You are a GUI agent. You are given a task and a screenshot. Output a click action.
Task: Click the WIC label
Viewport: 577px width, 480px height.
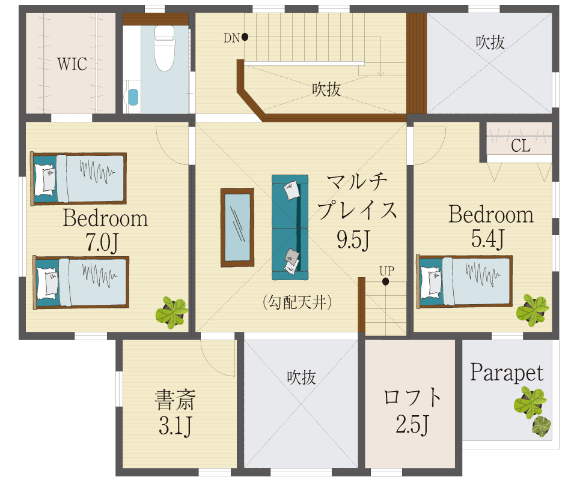pyautogui.click(x=72, y=64)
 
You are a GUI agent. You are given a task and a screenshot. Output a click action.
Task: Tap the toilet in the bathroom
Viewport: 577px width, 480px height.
pyautogui.click(x=165, y=48)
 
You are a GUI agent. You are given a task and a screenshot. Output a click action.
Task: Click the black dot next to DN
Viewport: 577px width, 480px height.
pyautogui.click(x=245, y=37)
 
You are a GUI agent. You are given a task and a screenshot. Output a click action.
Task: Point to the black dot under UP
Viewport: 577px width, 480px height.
pyautogui.click(x=385, y=281)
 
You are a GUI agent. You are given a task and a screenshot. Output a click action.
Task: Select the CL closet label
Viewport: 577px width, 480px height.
pyautogui.click(x=521, y=145)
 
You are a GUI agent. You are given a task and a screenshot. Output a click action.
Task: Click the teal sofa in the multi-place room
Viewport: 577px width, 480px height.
pyautogui.click(x=290, y=227)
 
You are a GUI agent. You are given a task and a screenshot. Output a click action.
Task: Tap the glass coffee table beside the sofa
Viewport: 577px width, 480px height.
pyautogui.click(x=237, y=227)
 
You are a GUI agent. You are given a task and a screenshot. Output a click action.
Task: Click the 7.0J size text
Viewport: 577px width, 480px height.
pyautogui.click(x=102, y=242)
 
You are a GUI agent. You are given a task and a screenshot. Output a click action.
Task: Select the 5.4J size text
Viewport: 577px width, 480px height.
pyautogui.click(x=487, y=239)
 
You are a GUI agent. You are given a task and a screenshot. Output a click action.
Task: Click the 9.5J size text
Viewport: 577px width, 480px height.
pyautogui.click(x=353, y=239)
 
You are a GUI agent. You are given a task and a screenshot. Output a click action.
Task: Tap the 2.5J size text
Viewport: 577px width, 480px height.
pyautogui.click(x=412, y=424)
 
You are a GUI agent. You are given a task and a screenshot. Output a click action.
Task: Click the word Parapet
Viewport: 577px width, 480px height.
pyautogui.click(x=507, y=373)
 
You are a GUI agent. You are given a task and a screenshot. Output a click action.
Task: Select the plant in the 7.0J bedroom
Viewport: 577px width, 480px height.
pyautogui.click(x=172, y=313)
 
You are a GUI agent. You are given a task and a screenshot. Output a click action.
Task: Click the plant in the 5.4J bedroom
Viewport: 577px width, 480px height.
pyautogui.click(x=533, y=310)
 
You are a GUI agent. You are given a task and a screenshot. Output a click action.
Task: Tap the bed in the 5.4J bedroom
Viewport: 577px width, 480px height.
pyautogui.click(x=465, y=281)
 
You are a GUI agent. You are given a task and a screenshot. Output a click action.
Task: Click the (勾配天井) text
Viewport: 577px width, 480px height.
pyautogui.click(x=298, y=302)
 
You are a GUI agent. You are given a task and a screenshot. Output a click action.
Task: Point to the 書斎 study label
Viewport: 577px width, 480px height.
pyautogui.click(x=175, y=400)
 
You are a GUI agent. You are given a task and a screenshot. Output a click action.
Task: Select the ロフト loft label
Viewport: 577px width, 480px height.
pyautogui.click(x=412, y=397)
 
